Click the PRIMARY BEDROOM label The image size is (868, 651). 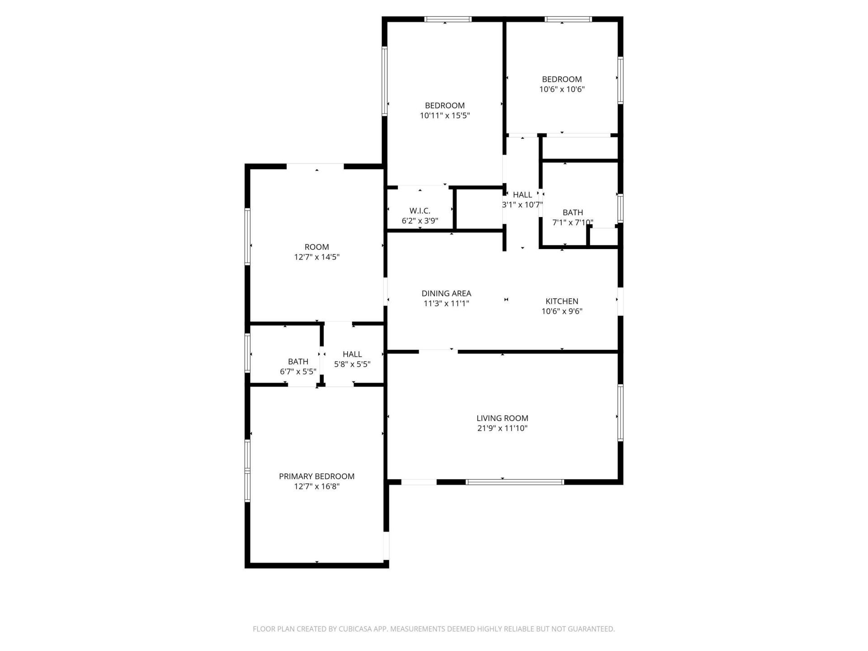coord(316,476)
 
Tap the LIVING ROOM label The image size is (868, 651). coord(502,418)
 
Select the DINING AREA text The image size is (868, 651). coord(446,293)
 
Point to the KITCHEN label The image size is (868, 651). coord(561,301)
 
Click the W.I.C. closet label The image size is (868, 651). coord(420,211)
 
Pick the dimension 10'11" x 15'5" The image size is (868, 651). coord(445,115)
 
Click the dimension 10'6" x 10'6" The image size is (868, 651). coord(561,89)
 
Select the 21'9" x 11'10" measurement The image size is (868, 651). coord(502,428)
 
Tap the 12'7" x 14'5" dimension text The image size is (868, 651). coord(316,257)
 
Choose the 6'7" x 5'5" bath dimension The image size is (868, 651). coord(298,372)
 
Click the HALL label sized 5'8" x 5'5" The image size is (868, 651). coord(352,354)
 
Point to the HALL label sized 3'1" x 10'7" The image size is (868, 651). coord(522,195)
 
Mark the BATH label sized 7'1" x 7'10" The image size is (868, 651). coord(572,212)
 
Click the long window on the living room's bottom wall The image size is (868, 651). coord(514,482)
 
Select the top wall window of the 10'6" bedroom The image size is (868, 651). coord(568,19)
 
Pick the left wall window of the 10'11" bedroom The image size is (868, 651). coord(385,81)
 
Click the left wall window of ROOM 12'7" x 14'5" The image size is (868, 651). coord(247,236)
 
